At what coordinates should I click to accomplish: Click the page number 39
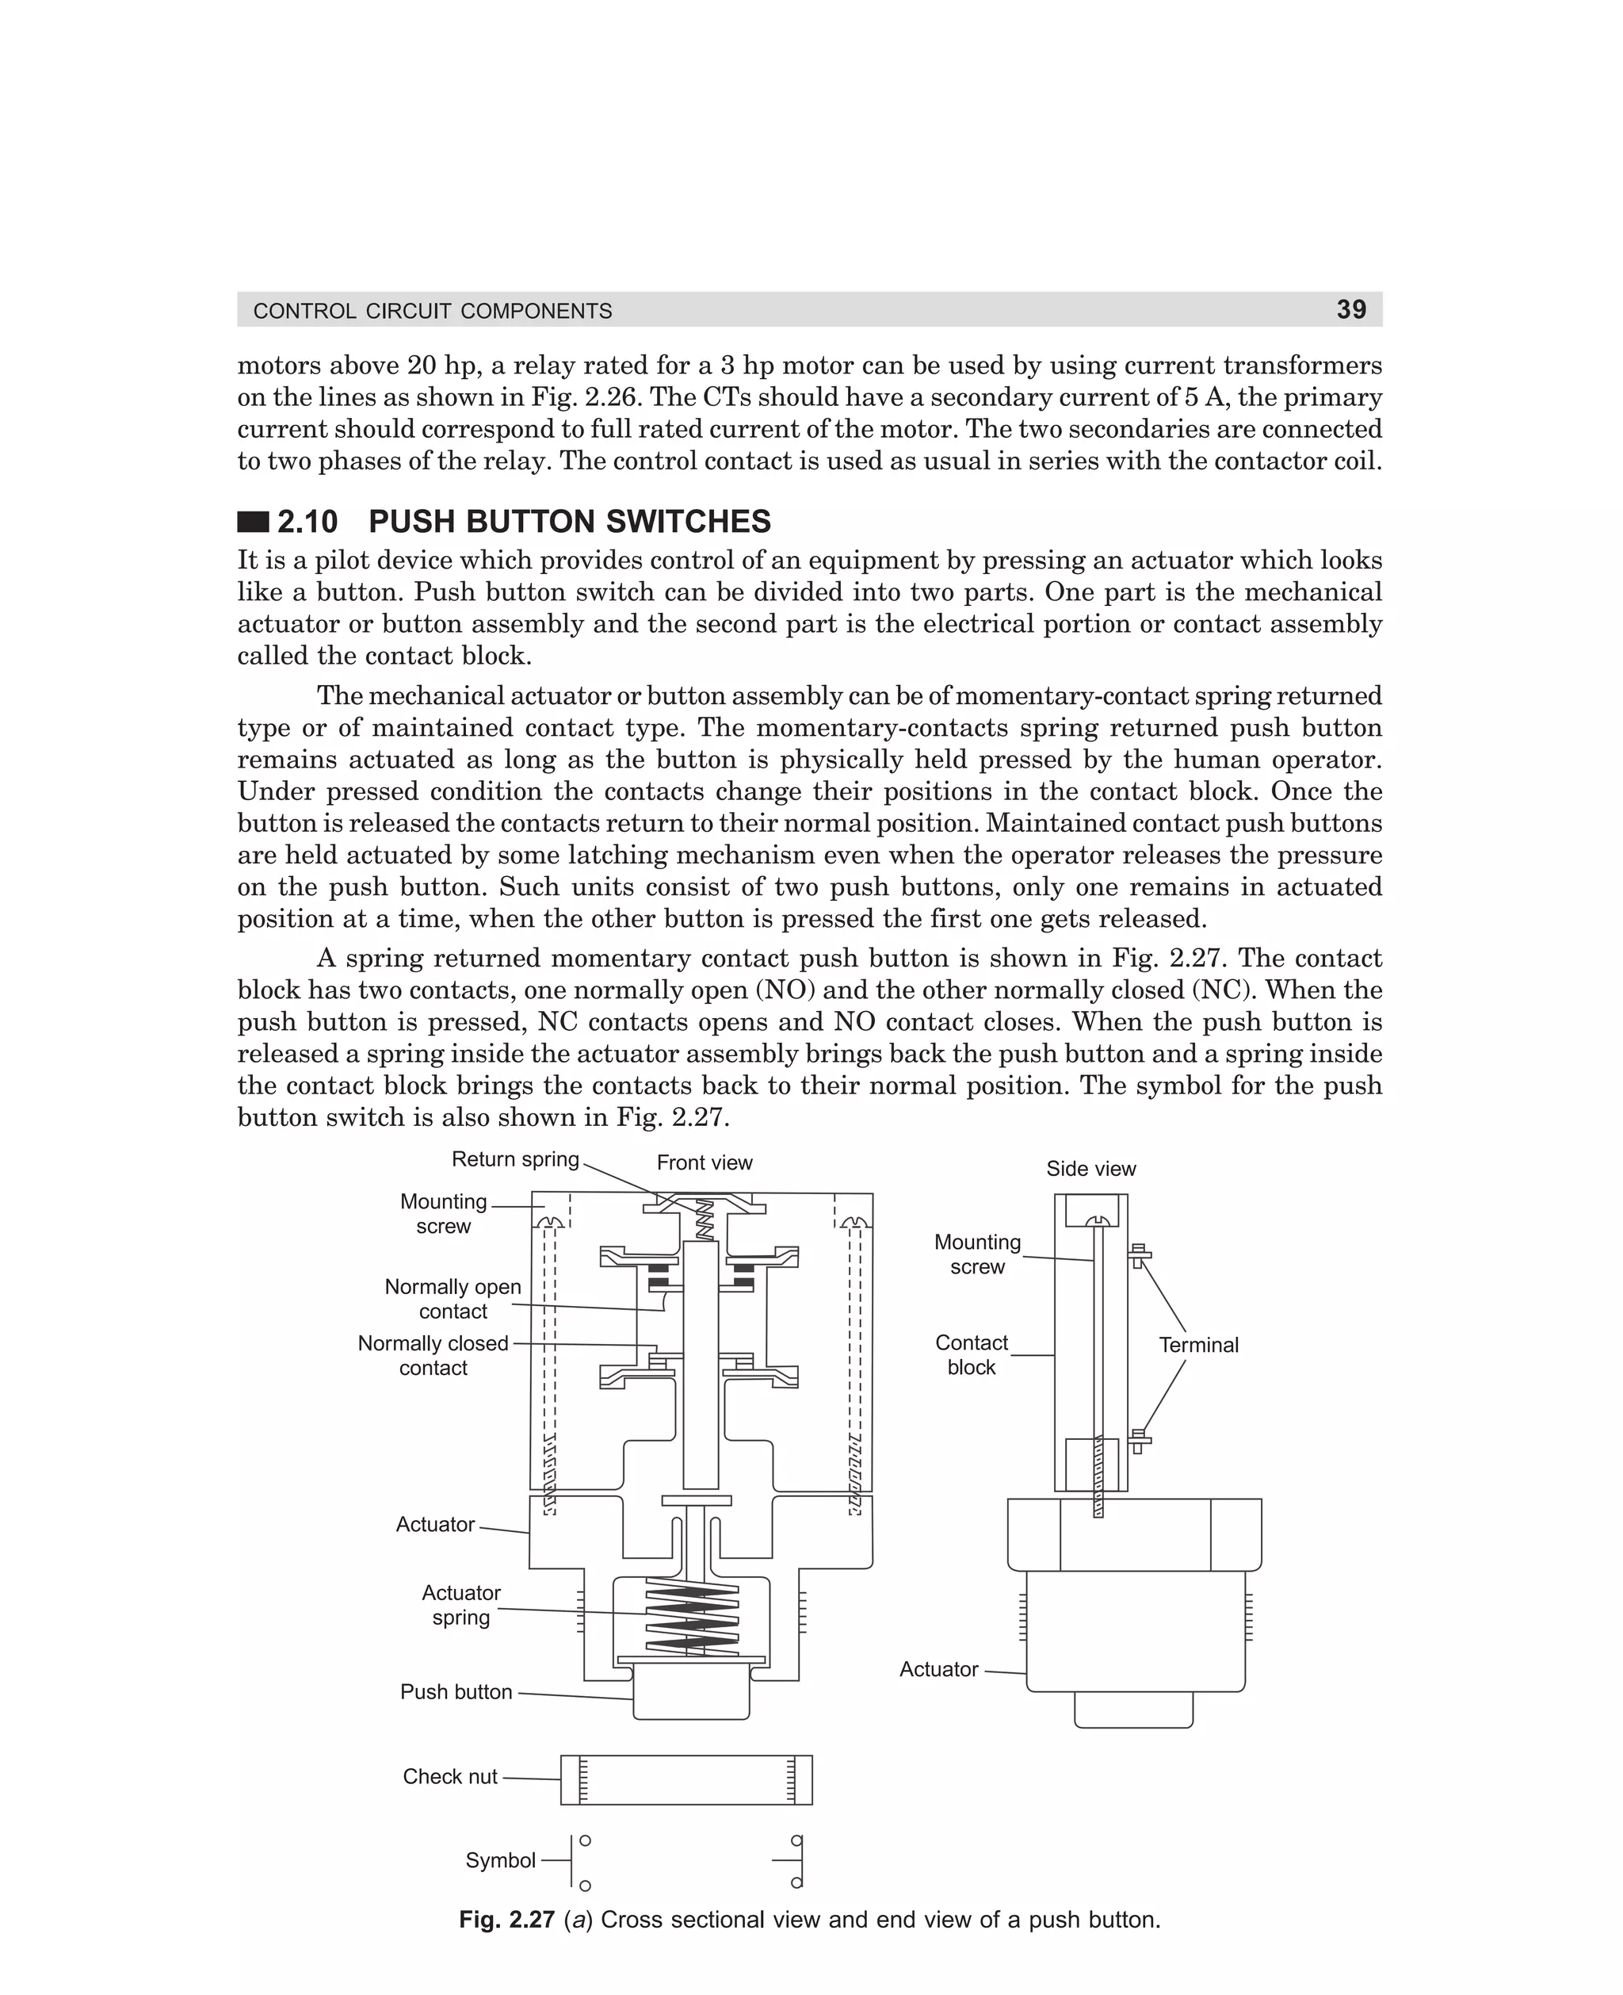[x=1350, y=309]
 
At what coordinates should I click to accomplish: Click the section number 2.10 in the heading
[x=307, y=521]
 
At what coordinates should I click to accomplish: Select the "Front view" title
[x=704, y=1162]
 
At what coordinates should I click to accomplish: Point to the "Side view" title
[x=1090, y=1168]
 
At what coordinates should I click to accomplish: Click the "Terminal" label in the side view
[x=1197, y=1345]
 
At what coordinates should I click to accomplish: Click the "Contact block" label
[x=972, y=1355]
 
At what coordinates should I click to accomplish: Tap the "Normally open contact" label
[x=453, y=1299]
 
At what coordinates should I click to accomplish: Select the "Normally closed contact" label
[x=433, y=1355]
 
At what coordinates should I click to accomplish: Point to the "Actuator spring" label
[x=461, y=1605]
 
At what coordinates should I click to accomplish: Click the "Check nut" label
[x=449, y=1776]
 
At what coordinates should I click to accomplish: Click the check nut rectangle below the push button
[x=686, y=1779]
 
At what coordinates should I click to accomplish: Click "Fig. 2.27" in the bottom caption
[x=506, y=1920]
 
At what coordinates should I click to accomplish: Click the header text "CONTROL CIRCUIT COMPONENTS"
[x=433, y=311]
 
